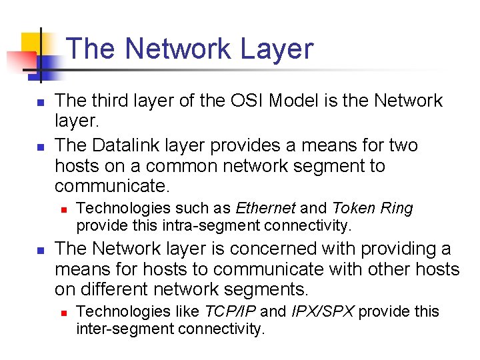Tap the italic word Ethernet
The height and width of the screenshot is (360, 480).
(261, 209)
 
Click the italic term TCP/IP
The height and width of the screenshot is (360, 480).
(230, 311)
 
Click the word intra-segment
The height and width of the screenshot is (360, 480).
(175, 225)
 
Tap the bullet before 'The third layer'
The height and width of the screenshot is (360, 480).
(40, 104)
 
